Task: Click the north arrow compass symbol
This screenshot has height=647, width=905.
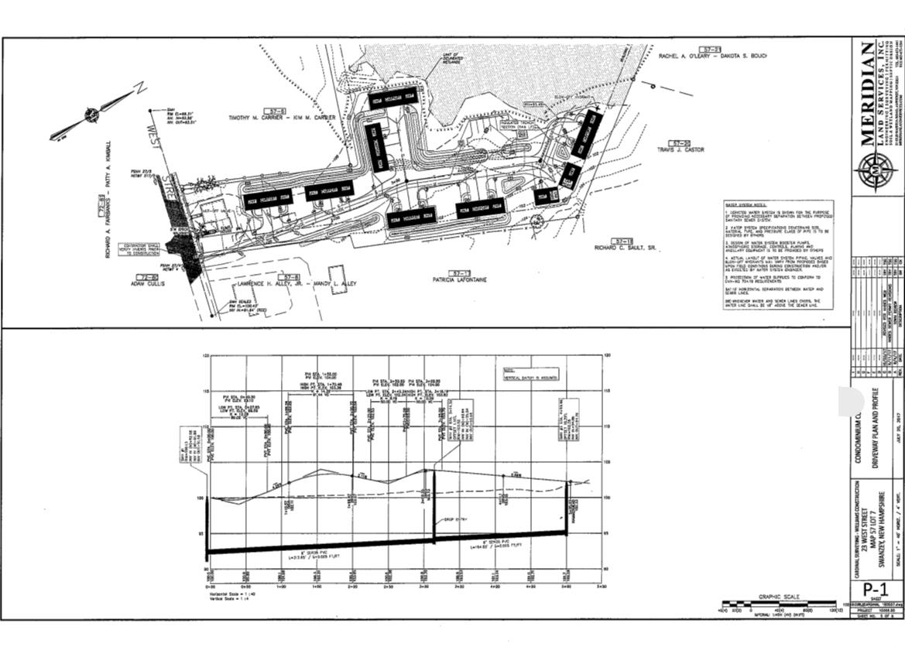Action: coord(92,115)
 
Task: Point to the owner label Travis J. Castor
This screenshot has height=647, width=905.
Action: coord(679,149)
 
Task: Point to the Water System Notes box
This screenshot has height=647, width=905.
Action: coord(776,255)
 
